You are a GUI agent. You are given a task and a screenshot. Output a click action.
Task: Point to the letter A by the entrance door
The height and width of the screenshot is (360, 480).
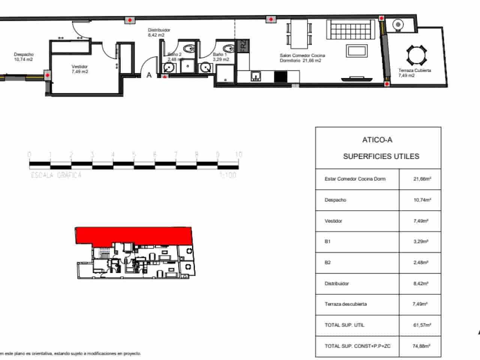click(149, 75)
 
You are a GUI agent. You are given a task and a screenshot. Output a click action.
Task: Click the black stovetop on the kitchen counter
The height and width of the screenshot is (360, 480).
click(280, 77)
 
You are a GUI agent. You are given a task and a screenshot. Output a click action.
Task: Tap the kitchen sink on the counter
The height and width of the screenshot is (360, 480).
click(256, 76)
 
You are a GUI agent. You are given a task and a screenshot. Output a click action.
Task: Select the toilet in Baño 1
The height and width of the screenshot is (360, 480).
click(227, 49)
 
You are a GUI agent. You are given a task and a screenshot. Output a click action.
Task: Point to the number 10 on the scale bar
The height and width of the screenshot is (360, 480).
click(238, 154)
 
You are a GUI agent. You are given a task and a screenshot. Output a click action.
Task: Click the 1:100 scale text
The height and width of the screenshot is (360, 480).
click(228, 175)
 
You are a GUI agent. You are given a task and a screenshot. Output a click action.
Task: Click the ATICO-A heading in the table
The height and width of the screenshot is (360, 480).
click(377, 140)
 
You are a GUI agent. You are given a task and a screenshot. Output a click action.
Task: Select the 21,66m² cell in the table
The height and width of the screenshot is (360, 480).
click(422, 179)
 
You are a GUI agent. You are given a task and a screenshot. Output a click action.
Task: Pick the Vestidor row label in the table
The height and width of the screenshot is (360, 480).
click(333, 221)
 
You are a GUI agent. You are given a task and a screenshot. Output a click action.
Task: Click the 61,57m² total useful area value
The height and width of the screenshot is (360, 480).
click(422, 325)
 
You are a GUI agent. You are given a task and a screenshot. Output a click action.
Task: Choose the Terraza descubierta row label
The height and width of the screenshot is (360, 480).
click(345, 304)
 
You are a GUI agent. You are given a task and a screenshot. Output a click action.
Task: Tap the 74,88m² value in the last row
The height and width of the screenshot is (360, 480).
click(421, 346)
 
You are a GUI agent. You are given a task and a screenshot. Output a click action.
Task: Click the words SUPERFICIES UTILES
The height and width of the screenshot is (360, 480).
click(381, 157)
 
